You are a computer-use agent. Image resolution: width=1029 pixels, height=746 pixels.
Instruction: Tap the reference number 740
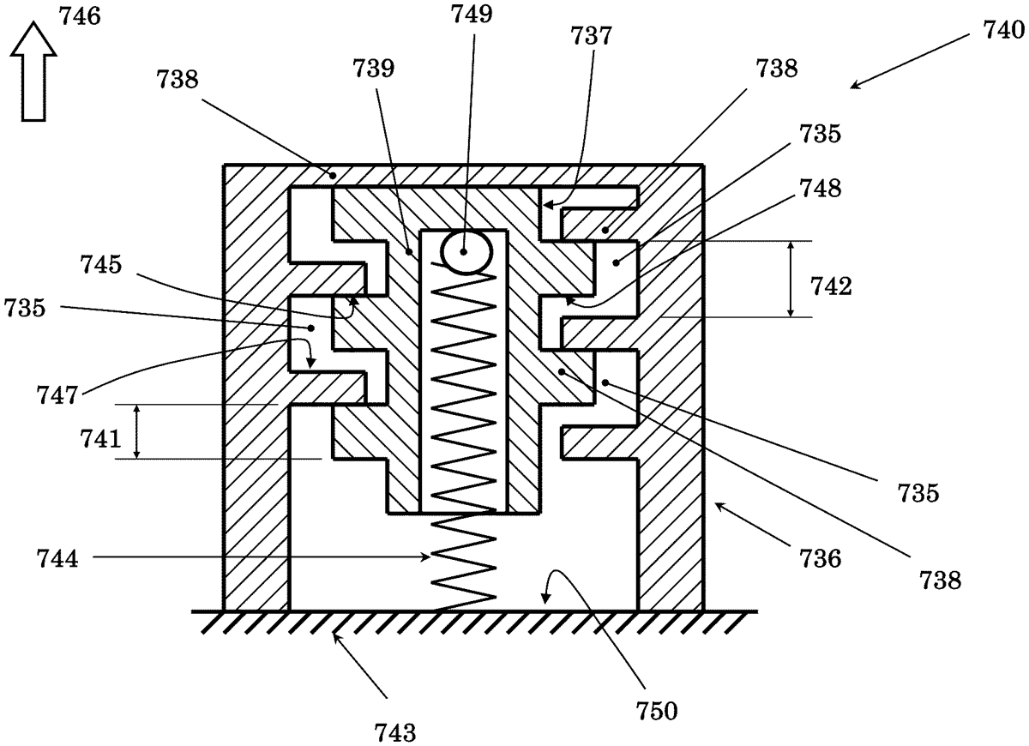coord(1003,31)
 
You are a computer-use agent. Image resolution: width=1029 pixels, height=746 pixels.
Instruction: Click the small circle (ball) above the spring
coord(466,251)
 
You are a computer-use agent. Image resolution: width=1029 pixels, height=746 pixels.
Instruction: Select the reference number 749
coord(472,14)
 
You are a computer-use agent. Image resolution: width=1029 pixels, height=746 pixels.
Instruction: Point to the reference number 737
coord(591,36)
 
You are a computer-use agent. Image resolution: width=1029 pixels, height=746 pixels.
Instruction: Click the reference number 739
coord(374,69)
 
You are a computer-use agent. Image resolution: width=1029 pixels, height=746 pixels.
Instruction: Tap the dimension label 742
coord(831,286)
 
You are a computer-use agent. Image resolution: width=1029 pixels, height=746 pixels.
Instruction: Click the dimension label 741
coord(100,439)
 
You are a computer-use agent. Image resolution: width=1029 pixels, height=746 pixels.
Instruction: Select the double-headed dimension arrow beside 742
coord(790,279)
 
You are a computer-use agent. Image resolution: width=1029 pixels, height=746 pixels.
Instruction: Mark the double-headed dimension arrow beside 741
coord(136,431)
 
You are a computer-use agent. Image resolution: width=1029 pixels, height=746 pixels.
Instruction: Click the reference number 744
coord(57,559)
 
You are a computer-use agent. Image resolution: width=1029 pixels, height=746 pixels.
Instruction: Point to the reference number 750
coord(657,711)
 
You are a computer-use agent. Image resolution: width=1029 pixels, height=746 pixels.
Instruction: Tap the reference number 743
coord(395,732)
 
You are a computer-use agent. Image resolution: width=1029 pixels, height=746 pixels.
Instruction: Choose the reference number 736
coord(821,559)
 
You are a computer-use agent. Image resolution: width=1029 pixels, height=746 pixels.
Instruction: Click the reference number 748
coord(821,189)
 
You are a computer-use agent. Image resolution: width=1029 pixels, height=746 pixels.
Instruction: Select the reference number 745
coord(101,265)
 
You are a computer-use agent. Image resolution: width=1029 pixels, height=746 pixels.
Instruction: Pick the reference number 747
coord(57,395)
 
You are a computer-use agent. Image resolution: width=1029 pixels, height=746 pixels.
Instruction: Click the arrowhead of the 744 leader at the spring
coord(427,557)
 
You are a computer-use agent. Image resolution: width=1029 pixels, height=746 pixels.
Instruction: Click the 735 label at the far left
coord(25,308)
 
